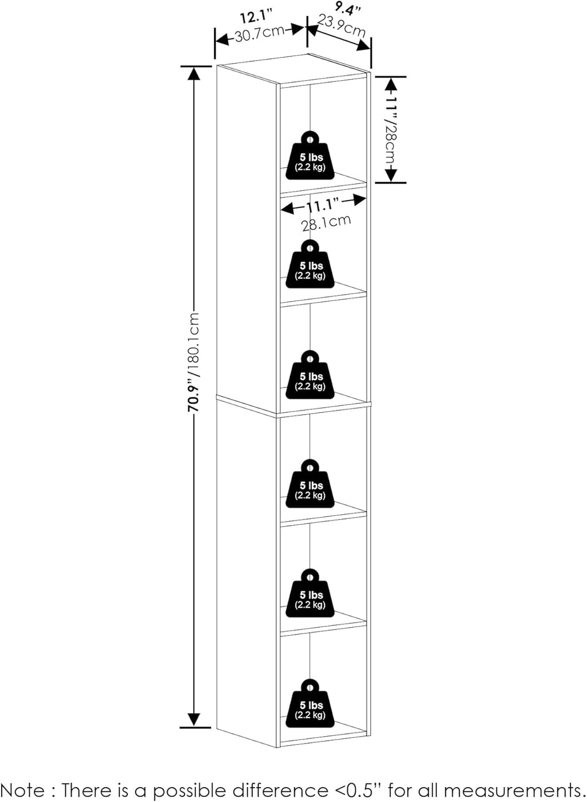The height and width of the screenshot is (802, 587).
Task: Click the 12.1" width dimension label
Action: coord(256,17)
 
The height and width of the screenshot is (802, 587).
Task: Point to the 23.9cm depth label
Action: coord(342,26)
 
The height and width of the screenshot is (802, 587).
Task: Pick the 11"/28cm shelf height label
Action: coord(390,130)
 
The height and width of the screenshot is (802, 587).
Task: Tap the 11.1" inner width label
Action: coord(322,205)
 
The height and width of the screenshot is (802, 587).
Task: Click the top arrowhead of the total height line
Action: coord(194,73)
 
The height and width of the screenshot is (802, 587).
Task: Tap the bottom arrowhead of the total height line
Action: coord(194,720)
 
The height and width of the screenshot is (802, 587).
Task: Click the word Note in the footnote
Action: coord(23,790)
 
